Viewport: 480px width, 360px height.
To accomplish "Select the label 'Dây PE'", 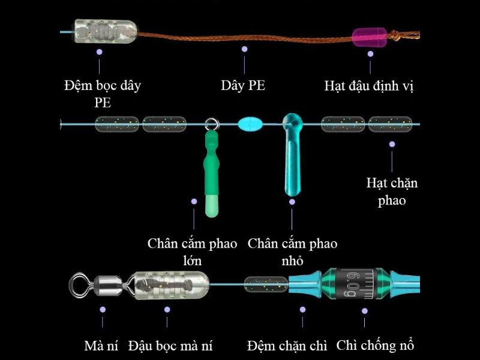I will (x=243, y=85).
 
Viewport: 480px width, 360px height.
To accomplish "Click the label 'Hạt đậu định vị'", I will (x=369, y=86).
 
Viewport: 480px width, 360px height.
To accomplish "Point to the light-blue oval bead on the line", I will (x=250, y=125).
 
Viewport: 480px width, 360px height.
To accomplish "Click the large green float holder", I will (x=211, y=174).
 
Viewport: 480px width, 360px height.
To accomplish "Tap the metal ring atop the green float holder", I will (x=211, y=125).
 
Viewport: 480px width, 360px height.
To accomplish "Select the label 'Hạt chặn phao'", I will (x=392, y=191).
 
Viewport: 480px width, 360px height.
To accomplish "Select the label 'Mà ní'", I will (x=101, y=346).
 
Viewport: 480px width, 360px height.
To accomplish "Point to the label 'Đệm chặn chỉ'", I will (x=287, y=346).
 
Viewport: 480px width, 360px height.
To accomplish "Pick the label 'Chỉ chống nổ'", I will (x=375, y=346).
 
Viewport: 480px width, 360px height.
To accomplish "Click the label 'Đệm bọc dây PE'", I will (x=103, y=93).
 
